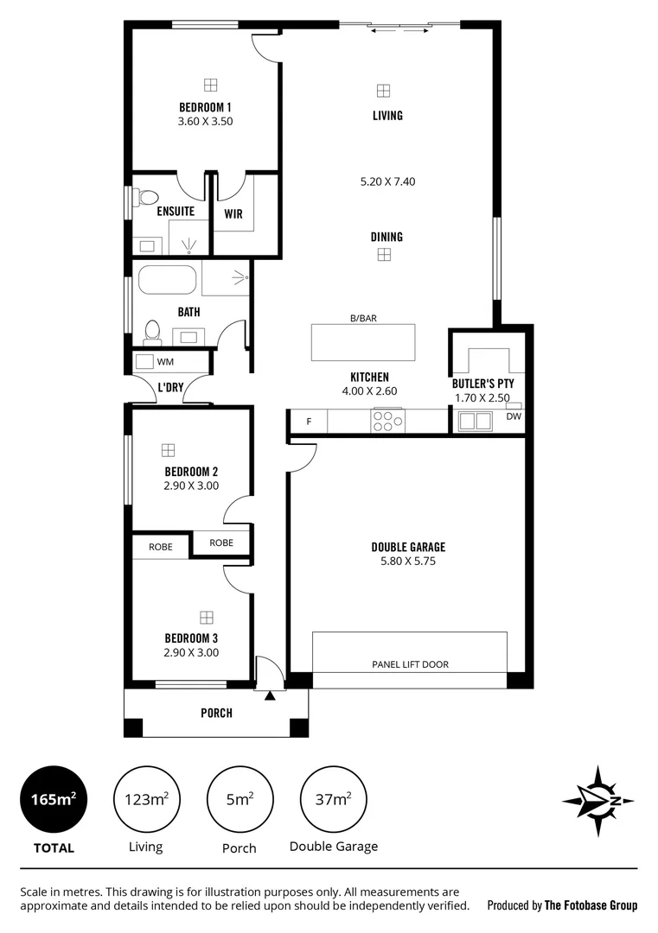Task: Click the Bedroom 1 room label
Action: tap(205, 107)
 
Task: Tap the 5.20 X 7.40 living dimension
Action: tap(387, 182)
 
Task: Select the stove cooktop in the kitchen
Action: tap(386, 421)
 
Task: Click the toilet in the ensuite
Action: tap(144, 196)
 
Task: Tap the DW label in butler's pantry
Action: tap(514, 416)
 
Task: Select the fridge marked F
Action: tap(309, 422)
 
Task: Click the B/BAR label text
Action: tap(363, 318)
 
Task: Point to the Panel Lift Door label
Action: tap(410, 664)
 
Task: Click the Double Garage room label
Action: tap(408, 547)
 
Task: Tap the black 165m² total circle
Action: tap(54, 799)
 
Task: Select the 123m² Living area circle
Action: tap(145, 799)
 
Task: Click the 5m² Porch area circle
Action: tap(239, 799)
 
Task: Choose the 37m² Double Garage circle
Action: tap(333, 799)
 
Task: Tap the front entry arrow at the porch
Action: tap(270, 694)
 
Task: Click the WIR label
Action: tap(233, 213)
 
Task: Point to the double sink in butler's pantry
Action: tap(475, 421)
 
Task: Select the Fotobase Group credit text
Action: tap(562, 905)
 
